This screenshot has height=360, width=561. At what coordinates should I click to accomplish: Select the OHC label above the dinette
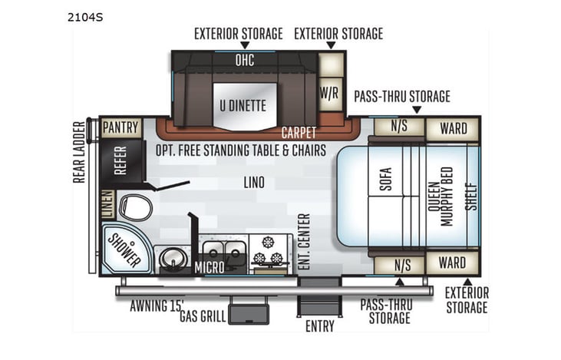coord(244,59)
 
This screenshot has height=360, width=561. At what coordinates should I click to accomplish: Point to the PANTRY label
coord(121,127)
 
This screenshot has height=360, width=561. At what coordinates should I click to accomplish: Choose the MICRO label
coord(209,267)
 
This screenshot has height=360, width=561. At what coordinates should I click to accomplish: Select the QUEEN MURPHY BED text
coord(441,196)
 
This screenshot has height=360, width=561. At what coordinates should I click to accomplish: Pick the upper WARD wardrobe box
coord(453,128)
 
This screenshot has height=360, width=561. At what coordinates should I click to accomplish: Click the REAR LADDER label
coord(80,151)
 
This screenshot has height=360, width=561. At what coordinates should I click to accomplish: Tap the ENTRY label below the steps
coord(319,326)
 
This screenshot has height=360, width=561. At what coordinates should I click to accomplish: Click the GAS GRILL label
coord(202,316)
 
